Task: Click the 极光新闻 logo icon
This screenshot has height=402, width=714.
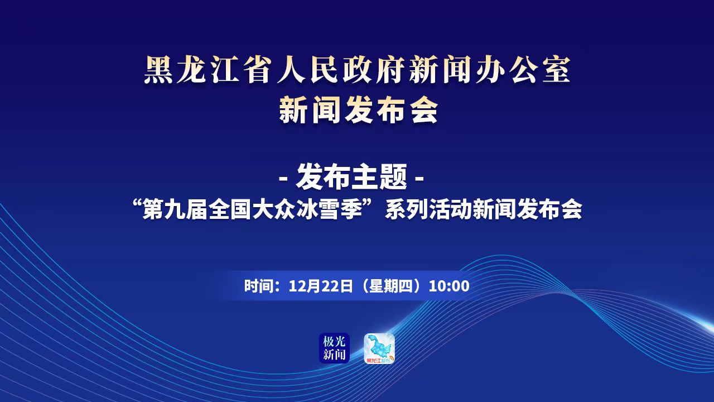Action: pyautogui.click(x=334, y=348)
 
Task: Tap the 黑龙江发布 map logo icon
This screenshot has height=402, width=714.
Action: pyautogui.click(x=379, y=348)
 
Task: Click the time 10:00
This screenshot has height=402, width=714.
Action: pyautogui.click(x=449, y=286)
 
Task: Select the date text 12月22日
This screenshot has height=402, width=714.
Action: pyautogui.click(x=320, y=286)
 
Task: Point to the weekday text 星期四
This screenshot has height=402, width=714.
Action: pyautogui.click(x=391, y=286)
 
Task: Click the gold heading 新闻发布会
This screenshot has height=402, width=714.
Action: pyautogui.click(x=359, y=111)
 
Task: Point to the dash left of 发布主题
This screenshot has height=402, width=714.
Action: pyautogui.click(x=283, y=179)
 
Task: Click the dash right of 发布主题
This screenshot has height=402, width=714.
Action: pyautogui.click(x=419, y=179)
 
